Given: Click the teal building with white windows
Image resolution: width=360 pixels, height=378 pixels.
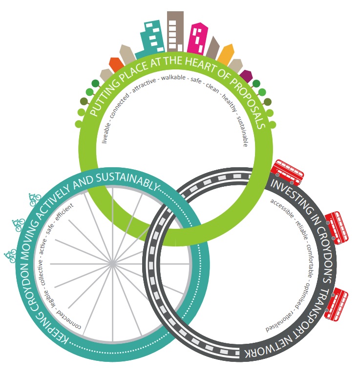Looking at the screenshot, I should tap(151, 36).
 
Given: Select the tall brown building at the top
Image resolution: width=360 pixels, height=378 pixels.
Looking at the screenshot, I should tap(174, 29).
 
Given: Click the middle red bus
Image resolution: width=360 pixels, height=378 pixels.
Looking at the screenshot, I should tap(337, 226).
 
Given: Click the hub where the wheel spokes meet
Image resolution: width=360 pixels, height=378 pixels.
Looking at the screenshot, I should tap(113, 264).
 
